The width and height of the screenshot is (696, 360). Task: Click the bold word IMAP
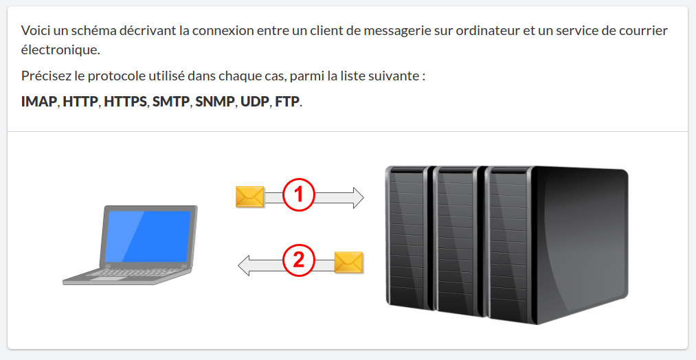coord(38,102)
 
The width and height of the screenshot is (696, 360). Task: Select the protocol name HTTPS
coord(125,102)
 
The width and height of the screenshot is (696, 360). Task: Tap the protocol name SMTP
coord(171,102)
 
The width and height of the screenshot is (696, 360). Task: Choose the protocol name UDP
coord(254,102)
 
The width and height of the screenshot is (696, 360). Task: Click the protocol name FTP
coord(287,102)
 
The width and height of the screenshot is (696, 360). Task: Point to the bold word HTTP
coord(80,102)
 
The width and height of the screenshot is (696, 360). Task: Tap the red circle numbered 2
coord(299,261)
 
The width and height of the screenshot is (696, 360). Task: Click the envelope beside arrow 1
coord(249,196)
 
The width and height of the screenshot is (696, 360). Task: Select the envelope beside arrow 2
coord(349,262)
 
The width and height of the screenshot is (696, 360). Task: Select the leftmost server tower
coord(409,240)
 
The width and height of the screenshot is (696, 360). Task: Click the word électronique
coord(60,49)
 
